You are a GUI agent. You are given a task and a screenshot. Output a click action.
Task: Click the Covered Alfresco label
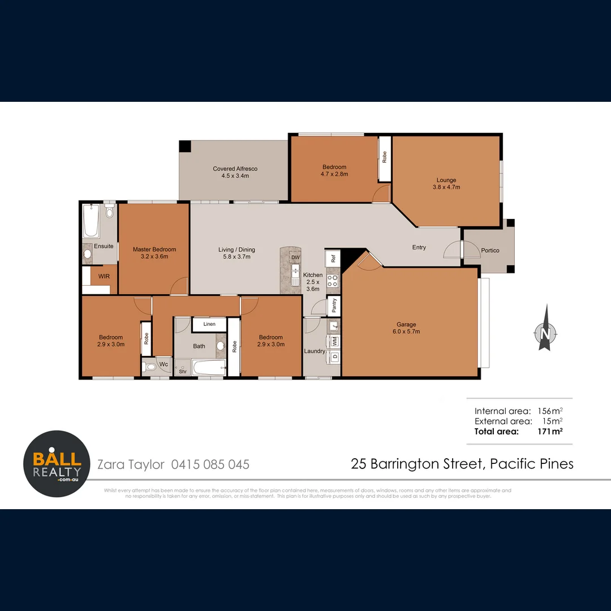point(235,172)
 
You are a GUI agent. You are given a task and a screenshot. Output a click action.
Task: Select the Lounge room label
point(446,183)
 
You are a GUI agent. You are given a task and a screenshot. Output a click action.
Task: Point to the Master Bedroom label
point(154,252)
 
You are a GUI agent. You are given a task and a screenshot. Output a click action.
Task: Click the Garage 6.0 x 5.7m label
point(406,328)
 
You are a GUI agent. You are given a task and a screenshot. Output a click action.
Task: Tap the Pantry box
point(334,305)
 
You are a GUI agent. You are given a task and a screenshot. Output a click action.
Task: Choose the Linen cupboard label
point(209,324)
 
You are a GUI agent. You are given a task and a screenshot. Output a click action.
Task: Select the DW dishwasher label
point(295,257)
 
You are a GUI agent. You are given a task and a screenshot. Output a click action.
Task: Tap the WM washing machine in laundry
point(334,341)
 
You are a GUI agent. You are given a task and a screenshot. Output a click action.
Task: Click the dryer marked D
point(334,357)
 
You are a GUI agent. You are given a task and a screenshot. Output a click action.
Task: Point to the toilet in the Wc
point(150,367)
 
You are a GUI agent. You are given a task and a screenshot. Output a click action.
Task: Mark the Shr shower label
point(183,371)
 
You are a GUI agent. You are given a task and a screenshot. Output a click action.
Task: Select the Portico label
point(490,250)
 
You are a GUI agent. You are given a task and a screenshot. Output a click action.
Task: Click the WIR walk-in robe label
point(104,277)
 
